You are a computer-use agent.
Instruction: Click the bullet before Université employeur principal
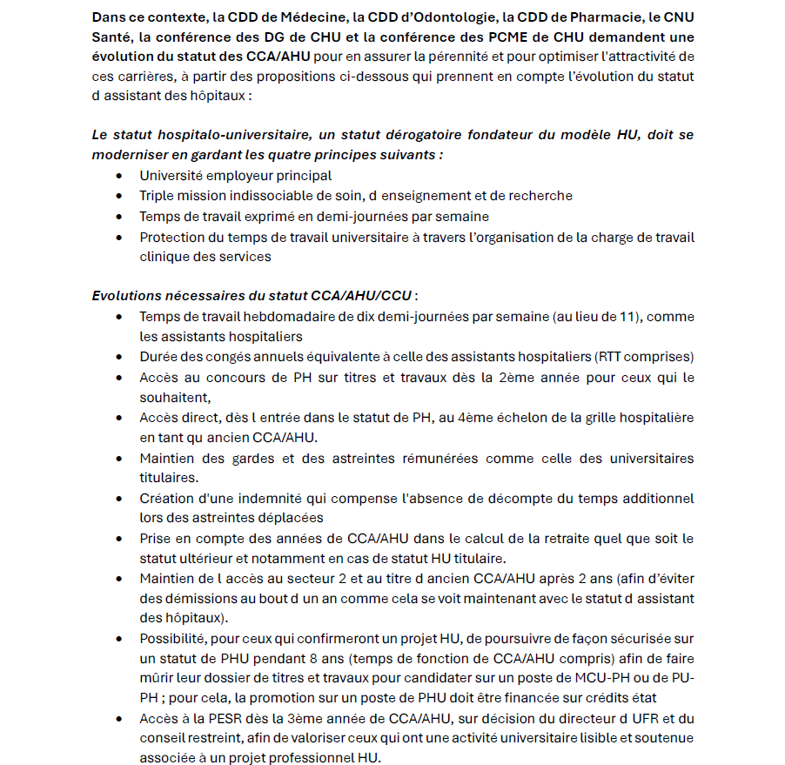tap(118, 176)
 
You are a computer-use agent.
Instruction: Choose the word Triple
tap(158, 196)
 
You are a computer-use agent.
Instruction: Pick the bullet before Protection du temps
tap(118, 237)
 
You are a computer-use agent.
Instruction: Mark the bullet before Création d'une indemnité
tap(118, 499)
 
